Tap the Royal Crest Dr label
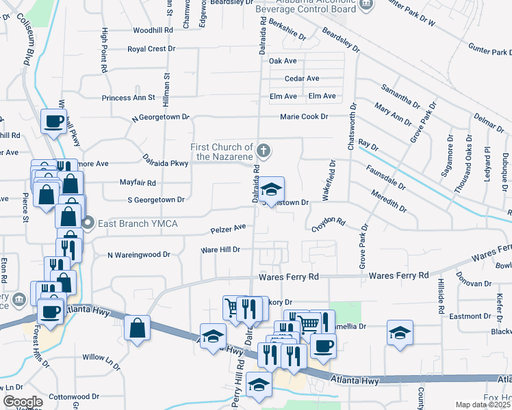(x=152, y=49)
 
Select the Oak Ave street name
(x=283, y=61)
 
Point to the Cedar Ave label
(x=302, y=79)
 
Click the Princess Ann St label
(x=129, y=98)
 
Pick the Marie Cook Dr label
(x=304, y=116)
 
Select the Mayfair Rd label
(x=138, y=183)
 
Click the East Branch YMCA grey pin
(x=88, y=223)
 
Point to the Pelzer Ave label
(x=229, y=228)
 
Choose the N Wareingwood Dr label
(x=138, y=255)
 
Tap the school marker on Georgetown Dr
(x=272, y=190)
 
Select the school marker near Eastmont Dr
(x=400, y=333)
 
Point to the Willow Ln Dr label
(x=101, y=361)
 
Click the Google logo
(x=23, y=402)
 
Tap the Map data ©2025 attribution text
(x=482, y=405)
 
